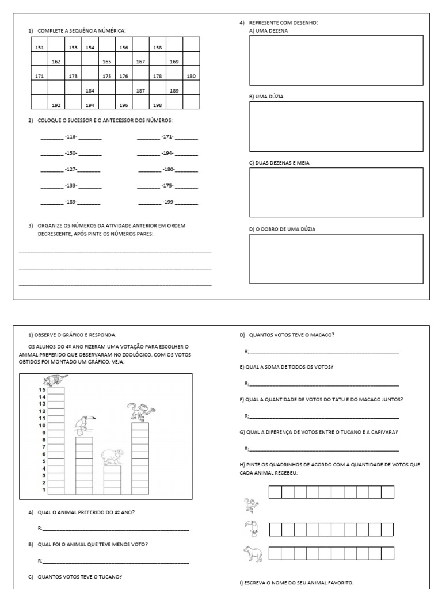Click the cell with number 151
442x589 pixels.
tap(39, 48)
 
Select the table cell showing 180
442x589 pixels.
tap(191, 77)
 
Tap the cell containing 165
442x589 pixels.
tap(106, 62)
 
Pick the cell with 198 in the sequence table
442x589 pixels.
tap(158, 105)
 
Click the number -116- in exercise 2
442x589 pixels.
tap(71, 137)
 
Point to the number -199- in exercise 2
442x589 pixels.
tap(168, 203)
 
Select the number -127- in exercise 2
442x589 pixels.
tap(71, 170)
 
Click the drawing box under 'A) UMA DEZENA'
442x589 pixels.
tap(336, 60)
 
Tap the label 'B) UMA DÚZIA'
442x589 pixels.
tap(266, 97)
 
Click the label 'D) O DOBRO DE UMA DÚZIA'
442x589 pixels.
tap(282, 229)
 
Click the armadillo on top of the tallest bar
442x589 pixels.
tap(55, 380)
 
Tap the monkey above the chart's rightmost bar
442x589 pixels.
tap(140, 412)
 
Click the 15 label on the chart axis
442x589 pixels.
tap(42, 390)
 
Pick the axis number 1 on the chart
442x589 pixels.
tap(43, 490)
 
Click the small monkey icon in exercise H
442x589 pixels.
tap(252, 505)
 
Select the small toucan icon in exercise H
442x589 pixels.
tap(252, 529)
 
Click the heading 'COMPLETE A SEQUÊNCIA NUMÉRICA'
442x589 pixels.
tap(81, 30)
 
